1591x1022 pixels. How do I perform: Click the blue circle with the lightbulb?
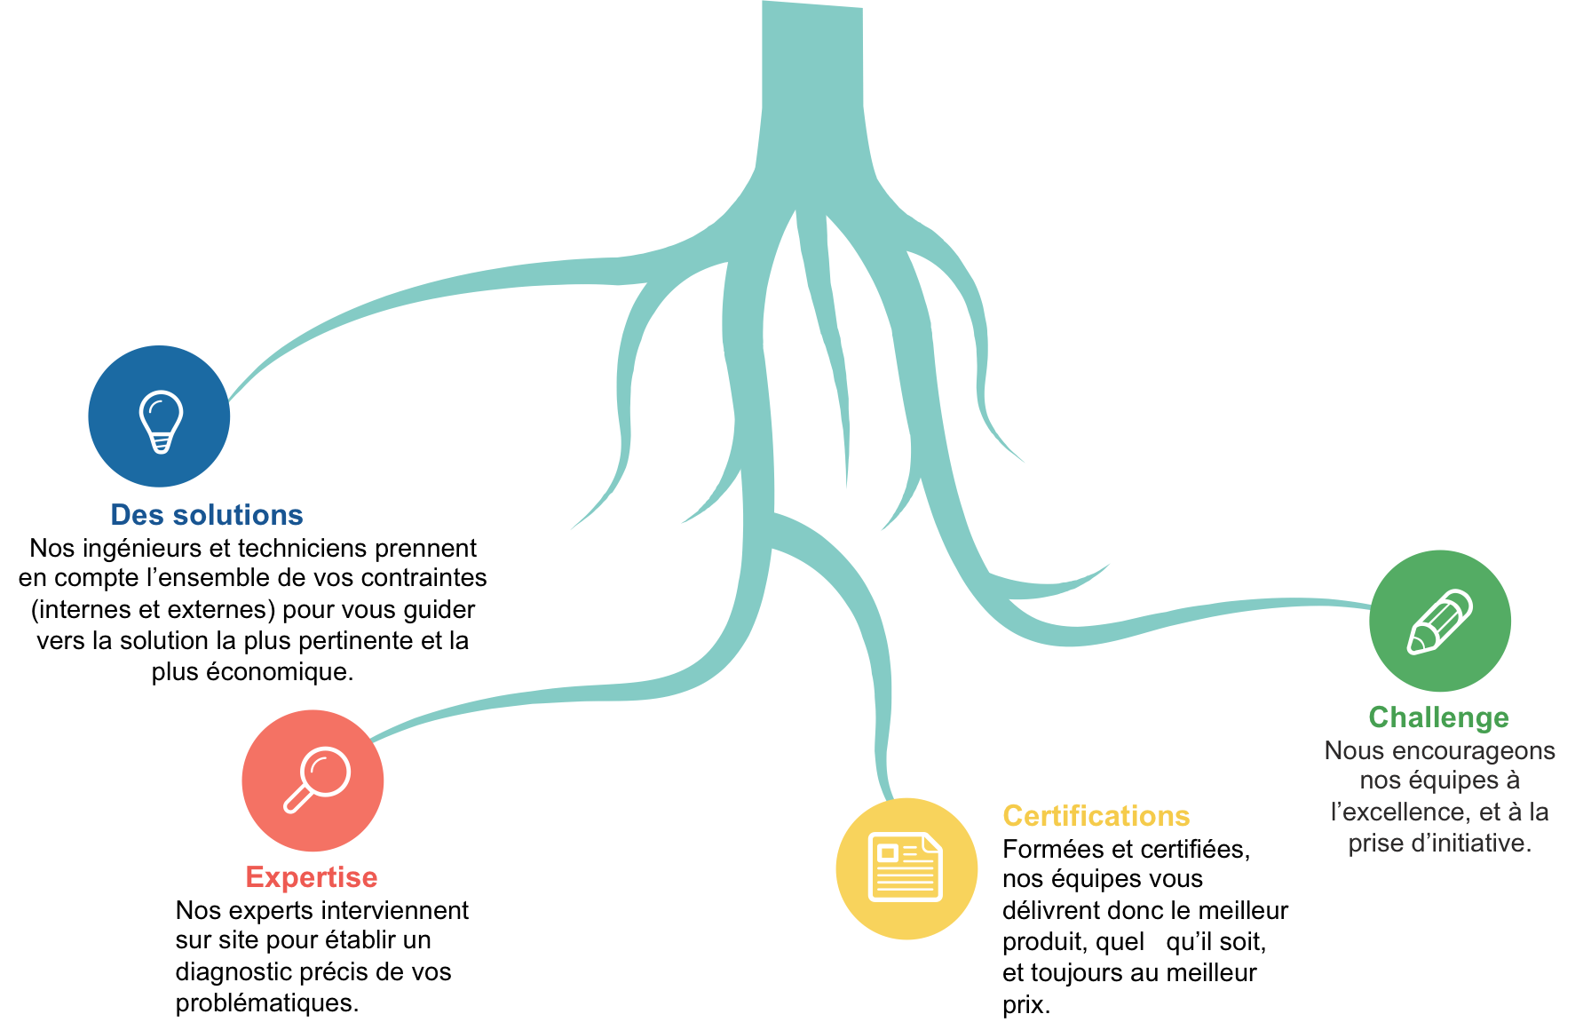click(x=159, y=416)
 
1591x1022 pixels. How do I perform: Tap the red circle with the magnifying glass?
click(x=313, y=780)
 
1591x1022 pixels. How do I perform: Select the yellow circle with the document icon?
click(x=906, y=868)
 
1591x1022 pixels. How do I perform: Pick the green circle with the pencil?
click(x=1440, y=621)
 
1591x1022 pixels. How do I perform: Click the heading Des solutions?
click(x=207, y=515)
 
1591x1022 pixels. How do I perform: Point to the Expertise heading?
click(x=312, y=877)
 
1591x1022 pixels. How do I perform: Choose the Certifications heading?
click(x=1096, y=816)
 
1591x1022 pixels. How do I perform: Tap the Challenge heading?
click(x=1439, y=717)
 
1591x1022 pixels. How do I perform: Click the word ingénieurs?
click(x=141, y=549)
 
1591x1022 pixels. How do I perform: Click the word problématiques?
click(x=267, y=1003)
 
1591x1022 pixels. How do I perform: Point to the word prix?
click(x=1026, y=1006)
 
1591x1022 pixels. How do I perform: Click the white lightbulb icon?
click(x=161, y=422)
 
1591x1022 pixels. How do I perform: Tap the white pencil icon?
click(x=1440, y=622)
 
